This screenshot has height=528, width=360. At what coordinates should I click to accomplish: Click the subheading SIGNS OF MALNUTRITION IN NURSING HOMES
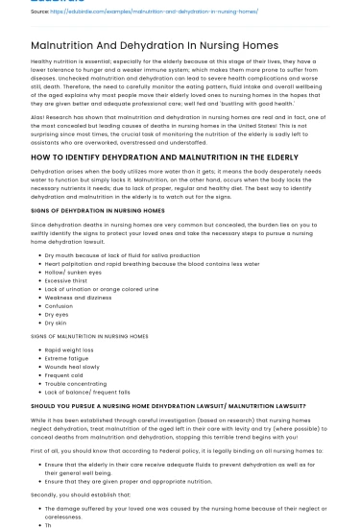pyautogui.click(x=89, y=336)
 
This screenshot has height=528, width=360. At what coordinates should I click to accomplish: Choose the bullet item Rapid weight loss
pyautogui.click(x=70, y=350)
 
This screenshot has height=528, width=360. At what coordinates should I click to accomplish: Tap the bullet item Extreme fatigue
pyautogui.click(x=68, y=358)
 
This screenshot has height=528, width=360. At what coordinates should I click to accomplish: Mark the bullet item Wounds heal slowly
pyautogui.click(x=73, y=366)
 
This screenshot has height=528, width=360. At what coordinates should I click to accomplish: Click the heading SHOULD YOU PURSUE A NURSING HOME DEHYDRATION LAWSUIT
pyautogui.click(x=168, y=406)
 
